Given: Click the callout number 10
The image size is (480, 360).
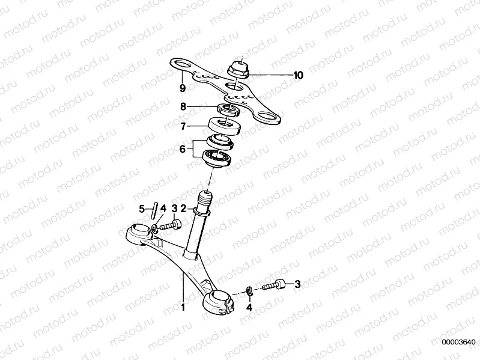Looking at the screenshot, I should (x=298, y=75).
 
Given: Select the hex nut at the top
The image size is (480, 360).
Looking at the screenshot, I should (x=239, y=69).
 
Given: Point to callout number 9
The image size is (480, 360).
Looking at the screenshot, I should (x=182, y=88).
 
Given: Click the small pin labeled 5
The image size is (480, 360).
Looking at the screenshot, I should (x=154, y=209).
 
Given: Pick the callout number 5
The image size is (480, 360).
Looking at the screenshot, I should (x=143, y=209).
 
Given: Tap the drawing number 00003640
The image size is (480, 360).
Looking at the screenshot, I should (x=458, y=343).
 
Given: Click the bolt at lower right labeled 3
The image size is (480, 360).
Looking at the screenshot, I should (x=273, y=285).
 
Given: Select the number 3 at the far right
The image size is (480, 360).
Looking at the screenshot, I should (x=296, y=284).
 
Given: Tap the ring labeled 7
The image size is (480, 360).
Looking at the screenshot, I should (x=225, y=127).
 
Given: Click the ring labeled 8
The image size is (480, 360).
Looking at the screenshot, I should (x=228, y=109).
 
